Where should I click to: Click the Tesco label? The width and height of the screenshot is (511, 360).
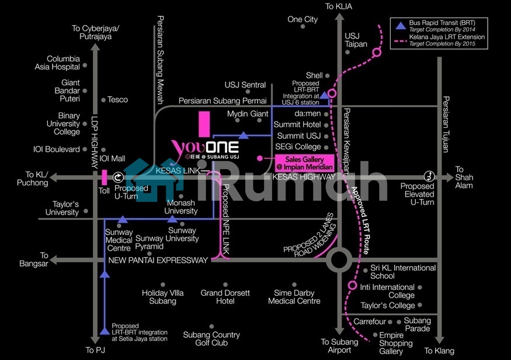[117, 100]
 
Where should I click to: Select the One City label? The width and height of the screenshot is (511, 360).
[303, 19]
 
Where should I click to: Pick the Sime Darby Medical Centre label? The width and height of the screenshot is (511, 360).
[294, 297]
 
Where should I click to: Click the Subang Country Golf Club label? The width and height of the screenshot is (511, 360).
[211, 338]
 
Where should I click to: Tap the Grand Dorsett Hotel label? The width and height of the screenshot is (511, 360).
[225, 297]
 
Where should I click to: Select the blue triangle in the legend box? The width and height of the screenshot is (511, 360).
[400, 26]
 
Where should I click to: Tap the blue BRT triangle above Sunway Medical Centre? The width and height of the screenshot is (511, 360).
[122, 219]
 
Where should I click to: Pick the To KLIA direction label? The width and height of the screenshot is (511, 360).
[340, 6]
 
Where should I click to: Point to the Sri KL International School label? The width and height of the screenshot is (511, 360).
[403, 272]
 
